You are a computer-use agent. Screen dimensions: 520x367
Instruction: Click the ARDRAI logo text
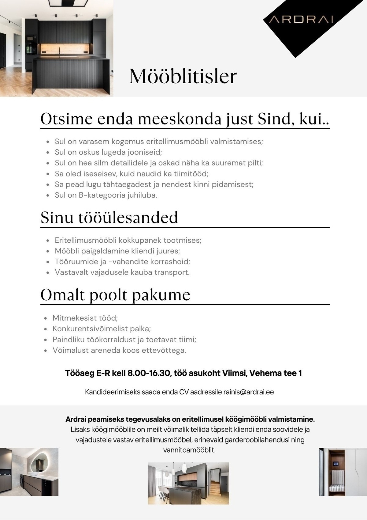(x=301, y=19)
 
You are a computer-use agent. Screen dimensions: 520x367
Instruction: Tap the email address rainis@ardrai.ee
(x=248, y=392)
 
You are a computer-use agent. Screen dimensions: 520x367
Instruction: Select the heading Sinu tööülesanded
(x=109, y=218)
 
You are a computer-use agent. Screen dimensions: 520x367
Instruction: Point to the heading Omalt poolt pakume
(x=115, y=295)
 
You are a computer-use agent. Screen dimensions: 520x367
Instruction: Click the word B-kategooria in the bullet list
(x=101, y=195)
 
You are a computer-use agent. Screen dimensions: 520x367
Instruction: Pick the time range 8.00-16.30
(x=149, y=373)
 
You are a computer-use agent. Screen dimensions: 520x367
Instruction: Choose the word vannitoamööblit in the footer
(x=189, y=450)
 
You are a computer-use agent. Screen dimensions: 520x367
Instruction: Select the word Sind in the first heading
(x=272, y=119)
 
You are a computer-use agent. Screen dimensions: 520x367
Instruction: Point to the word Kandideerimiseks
(x=112, y=392)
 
